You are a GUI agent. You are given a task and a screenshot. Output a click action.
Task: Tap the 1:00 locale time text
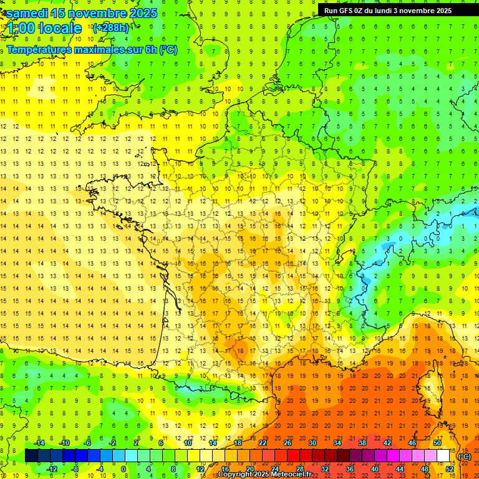click(44, 28)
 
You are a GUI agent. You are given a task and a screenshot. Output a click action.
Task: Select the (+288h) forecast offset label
click(111, 28)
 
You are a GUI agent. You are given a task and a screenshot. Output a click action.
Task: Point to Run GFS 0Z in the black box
click(345, 10)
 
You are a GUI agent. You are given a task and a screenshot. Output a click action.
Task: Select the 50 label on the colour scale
click(437, 443)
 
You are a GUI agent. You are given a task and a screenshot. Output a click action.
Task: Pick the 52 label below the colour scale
click(449, 468)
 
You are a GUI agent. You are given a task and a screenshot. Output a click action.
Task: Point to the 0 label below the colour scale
click(123, 468)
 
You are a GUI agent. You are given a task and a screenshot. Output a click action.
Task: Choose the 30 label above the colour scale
click(312, 443)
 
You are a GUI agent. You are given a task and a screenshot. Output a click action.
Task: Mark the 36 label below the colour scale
click(349, 468)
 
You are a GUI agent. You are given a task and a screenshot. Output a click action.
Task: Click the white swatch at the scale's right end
click(443, 456)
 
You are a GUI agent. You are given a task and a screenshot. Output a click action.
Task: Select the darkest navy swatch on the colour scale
click(31, 456)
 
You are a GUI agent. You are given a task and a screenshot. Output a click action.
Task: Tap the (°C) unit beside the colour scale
click(465, 456)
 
